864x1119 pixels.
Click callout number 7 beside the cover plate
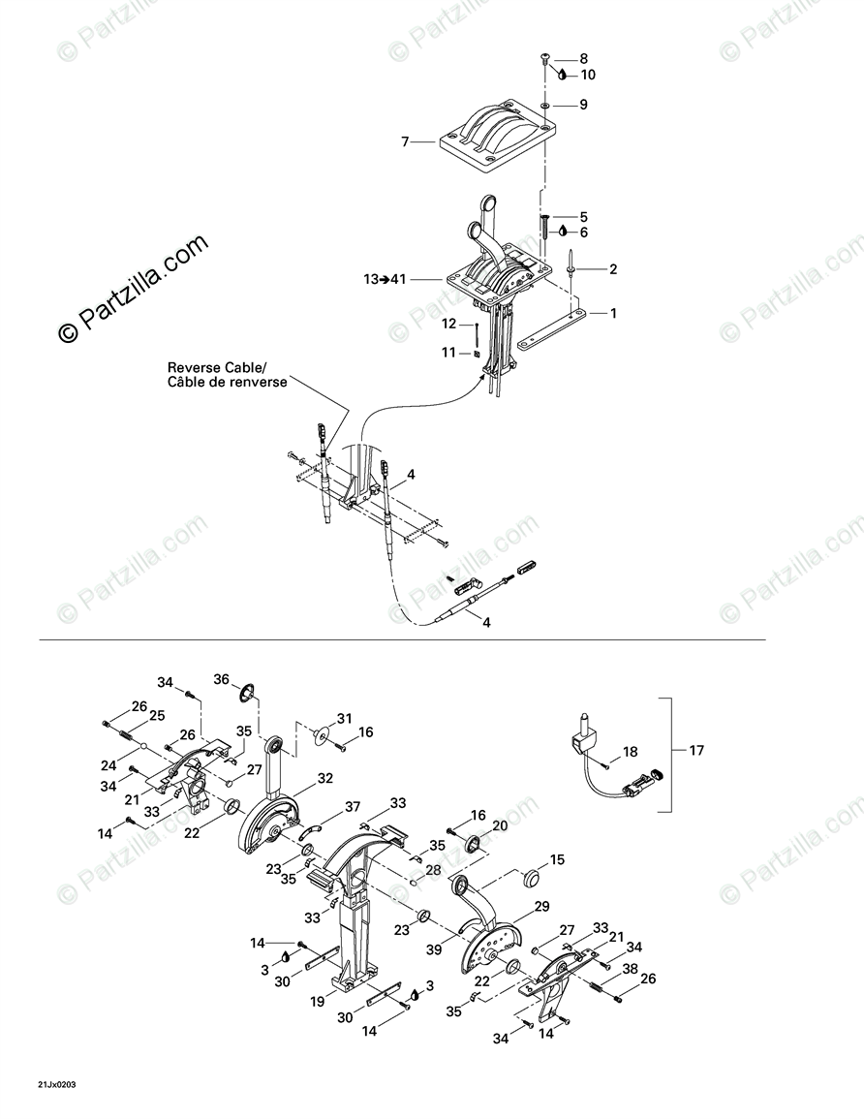(407, 142)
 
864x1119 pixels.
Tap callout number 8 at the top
(584, 58)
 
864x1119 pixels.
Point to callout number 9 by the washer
(584, 105)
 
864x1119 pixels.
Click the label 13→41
(384, 279)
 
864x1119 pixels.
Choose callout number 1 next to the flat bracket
(613, 313)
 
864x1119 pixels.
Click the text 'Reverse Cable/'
(216, 368)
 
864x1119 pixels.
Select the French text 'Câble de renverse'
(228, 383)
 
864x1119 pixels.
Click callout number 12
(449, 324)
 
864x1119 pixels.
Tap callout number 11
(448, 354)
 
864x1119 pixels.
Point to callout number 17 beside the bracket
(696, 750)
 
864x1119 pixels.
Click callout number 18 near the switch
(631, 751)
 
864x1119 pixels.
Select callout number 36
(221, 680)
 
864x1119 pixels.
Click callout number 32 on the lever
(324, 777)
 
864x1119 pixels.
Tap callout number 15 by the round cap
(557, 859)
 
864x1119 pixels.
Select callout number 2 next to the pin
(613, 269)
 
